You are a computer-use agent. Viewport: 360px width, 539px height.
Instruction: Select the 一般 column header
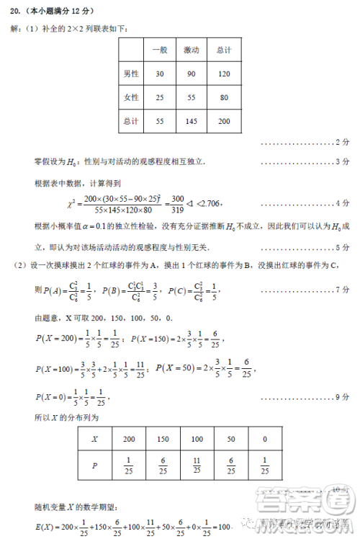tap(159, 50)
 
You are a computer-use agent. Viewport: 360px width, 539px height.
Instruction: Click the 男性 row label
tap(130, 74)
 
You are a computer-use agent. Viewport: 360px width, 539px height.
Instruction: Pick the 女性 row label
tap(130, 97)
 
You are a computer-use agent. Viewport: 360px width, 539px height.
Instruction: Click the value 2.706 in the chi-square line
tap(208, 204)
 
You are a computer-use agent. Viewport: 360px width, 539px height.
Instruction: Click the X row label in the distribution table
tap(94, 439)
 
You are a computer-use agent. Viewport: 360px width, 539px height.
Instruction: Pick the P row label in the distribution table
tap(94, 466)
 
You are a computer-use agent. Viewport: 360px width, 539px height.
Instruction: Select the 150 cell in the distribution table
tap(164, 439)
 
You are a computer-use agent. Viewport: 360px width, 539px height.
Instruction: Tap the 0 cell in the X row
tap(265, 439)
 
